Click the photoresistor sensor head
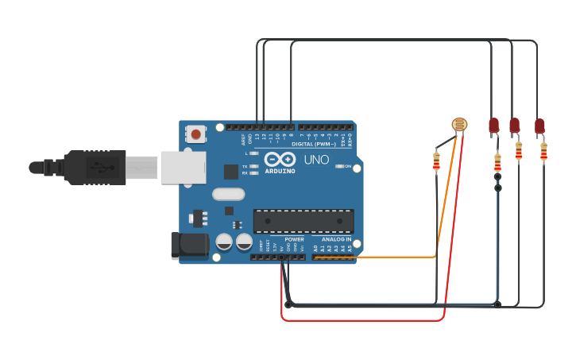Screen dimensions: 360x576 [x=459, y=124]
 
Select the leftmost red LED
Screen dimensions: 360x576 [x=493, y=125]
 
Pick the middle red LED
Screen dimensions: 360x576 [x=514, y=125]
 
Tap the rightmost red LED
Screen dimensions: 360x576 [x=539, y=126]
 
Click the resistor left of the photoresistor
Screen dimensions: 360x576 [x=436, y=162]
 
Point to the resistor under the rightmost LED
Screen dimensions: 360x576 [x=543, y=151]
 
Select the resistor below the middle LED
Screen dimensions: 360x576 [x=519, y=150]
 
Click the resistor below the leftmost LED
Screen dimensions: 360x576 [x=497, y=162]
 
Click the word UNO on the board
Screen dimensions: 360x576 [x=316, y=159]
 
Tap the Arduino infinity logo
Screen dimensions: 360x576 [x=279, y=159]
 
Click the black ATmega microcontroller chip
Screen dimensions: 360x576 [x=303, y=221]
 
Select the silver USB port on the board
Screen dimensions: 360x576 [x=183, y=168]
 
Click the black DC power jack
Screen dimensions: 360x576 [x=189, y=245]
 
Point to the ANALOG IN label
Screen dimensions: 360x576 [x=336, y=239]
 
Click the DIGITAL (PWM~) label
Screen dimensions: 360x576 [x=313, y=144]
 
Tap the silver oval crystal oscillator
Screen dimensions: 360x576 [x=228, y=194]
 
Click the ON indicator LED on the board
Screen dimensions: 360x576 [x=339, y=166]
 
